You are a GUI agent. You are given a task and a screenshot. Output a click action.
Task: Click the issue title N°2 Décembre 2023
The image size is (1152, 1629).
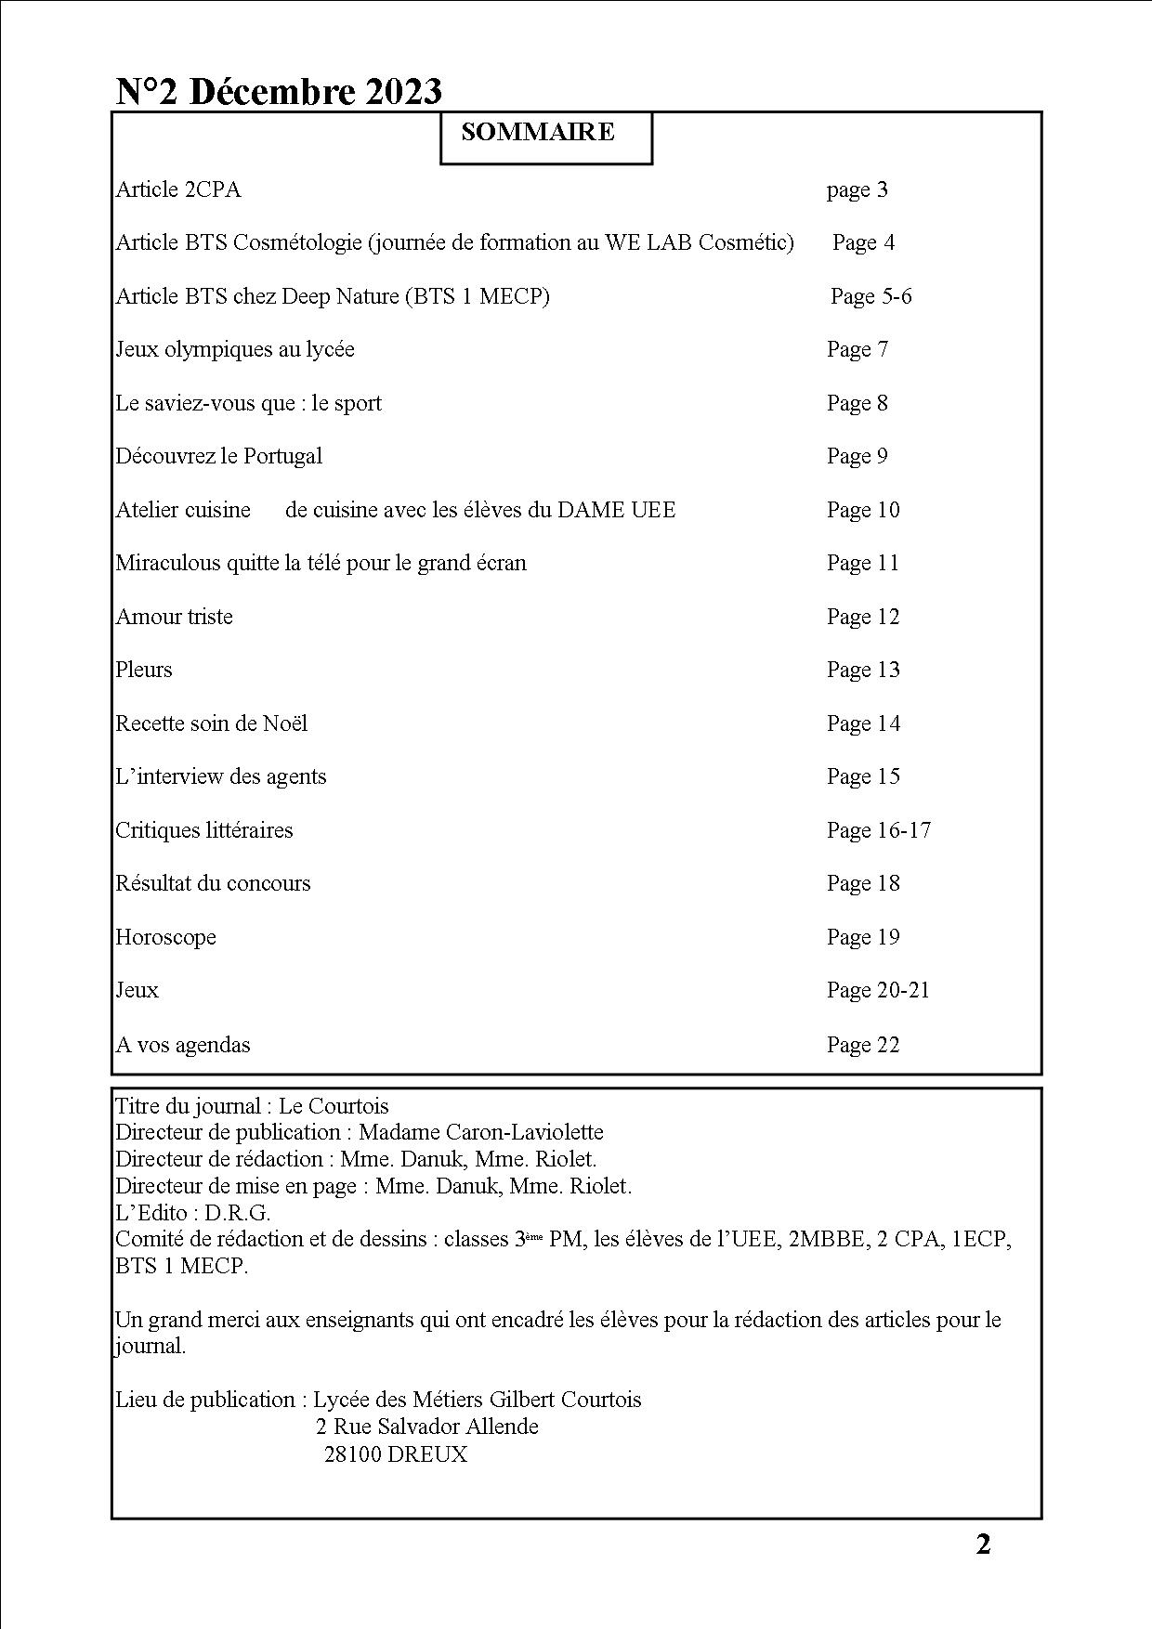[x=279, y=91]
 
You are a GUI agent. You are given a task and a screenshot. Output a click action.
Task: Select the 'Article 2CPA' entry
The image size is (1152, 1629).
[x=178, y=189]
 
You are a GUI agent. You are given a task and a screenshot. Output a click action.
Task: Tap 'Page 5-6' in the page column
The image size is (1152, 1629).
[x=871, y=296]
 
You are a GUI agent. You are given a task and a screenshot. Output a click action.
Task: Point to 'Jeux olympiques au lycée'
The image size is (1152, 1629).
[x=235, y=349]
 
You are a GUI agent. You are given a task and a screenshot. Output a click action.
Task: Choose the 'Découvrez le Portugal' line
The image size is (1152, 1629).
[x=219, y=456]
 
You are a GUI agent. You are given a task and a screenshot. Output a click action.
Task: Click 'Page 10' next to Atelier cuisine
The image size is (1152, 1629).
[x=863, y=510]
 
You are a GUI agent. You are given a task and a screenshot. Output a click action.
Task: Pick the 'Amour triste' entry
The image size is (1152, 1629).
[x=175, y=617]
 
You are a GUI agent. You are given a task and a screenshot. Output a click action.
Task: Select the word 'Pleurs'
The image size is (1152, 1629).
[x=144, y=670]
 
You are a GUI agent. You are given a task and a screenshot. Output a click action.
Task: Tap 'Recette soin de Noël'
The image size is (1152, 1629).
[x=212, y=723]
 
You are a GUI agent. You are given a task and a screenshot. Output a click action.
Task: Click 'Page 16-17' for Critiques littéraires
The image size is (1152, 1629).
[x=878, y=830]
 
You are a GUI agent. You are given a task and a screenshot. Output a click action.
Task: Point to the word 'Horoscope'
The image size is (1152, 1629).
[x=166, y=937]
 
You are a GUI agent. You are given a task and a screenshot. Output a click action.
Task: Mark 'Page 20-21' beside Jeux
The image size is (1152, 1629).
[x=878, y=990]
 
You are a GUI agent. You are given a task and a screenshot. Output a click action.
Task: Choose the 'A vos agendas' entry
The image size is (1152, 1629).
[x=183, y=1045]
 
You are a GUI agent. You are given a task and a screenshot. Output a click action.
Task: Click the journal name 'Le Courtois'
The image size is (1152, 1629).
[x=334, y=1106]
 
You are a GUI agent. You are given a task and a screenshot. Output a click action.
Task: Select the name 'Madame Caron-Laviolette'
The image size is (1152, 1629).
[x=480, y=1132]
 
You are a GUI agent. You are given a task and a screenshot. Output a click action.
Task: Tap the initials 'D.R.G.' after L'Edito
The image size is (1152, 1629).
[x=238, y=1212]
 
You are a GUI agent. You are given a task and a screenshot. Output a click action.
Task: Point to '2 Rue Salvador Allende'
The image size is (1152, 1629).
[x=427, y=1427]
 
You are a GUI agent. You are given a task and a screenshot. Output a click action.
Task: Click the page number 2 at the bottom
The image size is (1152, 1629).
[x=983, y=1544]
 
